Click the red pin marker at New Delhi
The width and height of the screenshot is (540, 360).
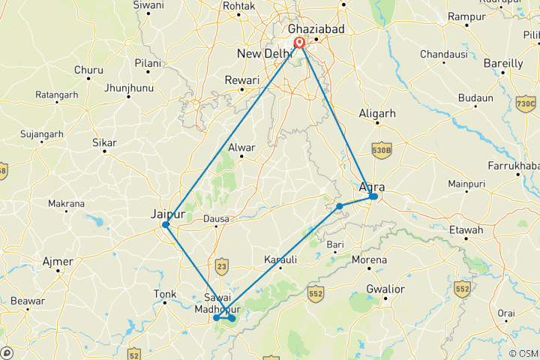[299, 44]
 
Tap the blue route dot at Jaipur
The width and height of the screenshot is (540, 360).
[166, 224]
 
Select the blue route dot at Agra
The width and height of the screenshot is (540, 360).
[373, 196]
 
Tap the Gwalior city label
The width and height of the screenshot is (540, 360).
[385, 289]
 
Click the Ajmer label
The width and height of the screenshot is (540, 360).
[58, 262]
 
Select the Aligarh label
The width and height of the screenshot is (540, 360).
[376, 113]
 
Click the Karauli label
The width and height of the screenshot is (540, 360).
[281, 259]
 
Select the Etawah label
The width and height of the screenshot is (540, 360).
[463, 230]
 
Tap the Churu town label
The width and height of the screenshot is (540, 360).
[88, 70]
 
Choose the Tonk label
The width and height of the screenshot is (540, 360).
[164, 294]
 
